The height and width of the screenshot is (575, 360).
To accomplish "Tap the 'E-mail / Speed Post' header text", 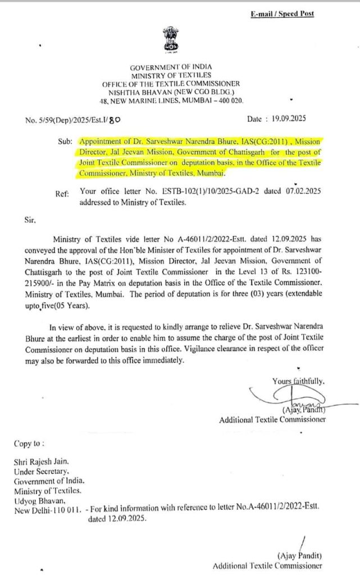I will click(282, 13).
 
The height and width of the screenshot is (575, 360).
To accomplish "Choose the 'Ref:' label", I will click(62, 194).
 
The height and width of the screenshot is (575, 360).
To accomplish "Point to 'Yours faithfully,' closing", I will click(298, 381).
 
